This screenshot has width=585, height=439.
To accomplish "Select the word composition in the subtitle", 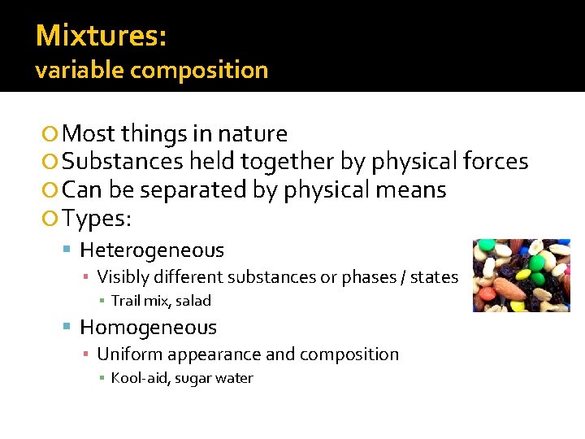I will click(198, 70).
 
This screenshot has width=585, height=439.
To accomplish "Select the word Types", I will click(96, 219).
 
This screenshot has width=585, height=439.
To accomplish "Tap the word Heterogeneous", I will click(152, 250).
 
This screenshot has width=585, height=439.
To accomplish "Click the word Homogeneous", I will click(148, 328).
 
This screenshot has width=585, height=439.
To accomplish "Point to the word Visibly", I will click(123, 277).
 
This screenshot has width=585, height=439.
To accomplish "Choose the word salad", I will click(193, 301).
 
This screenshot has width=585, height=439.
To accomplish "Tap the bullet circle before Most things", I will click(51, 134).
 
